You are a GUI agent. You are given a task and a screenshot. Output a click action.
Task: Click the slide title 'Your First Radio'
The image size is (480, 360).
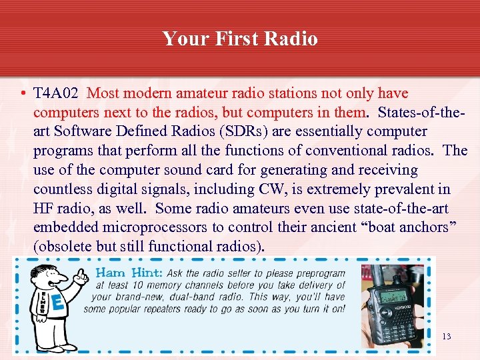click(x=240, y=39)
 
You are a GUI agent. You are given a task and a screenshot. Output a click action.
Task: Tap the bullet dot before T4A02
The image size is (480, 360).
click(x=23, y=93)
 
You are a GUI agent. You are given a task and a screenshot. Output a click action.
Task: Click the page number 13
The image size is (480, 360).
click(x=447, y=336)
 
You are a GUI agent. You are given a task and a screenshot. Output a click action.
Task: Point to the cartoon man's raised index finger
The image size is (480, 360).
click(x=81, y=272)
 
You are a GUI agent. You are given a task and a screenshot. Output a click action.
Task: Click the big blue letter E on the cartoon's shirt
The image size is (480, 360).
click(x=58, y=303)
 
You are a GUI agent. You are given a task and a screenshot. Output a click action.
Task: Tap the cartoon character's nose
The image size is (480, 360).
click(x=64, y=279)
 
